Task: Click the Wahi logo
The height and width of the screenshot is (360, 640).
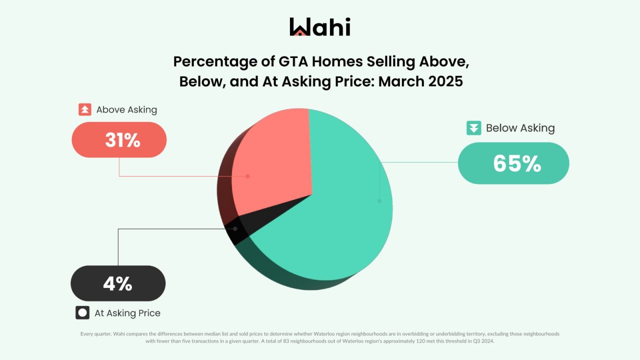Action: coord(320,27)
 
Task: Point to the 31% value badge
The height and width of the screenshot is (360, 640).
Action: coord(119,140)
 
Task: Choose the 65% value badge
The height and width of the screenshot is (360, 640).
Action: coord(513,163)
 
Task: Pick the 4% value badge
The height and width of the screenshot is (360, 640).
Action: coord(118,283)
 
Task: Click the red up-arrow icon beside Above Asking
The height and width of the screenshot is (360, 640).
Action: coord(84,109)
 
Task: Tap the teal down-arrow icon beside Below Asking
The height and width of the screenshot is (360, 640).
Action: coord(473,128)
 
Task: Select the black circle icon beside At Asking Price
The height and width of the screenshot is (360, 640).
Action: coord(82,313)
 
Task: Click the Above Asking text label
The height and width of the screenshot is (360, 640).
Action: coord(126,109)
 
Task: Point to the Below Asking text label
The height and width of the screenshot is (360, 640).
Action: coord(520,128)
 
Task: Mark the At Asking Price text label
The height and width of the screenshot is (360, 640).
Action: coord(127,313)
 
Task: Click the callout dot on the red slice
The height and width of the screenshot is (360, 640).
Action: coord(247,176)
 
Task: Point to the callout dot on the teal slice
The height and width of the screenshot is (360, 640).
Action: coord(379,201)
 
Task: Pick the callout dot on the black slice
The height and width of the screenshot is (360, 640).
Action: coord(235,228)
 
